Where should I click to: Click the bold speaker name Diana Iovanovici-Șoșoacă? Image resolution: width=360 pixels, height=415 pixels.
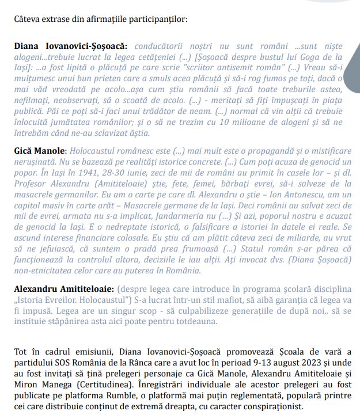click(71, 45)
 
